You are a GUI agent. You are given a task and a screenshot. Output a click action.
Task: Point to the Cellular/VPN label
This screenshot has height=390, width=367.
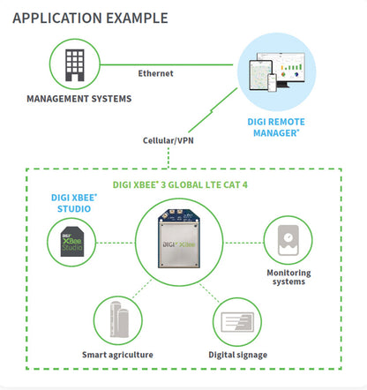[x=169, y=139]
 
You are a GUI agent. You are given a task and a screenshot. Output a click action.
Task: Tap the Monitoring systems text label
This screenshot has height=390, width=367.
[x=288, y=278]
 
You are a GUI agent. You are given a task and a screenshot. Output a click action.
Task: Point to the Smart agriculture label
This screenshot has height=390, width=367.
[x=118, y=355]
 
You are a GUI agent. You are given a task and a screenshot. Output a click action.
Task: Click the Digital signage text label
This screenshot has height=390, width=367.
[x=239, y=355]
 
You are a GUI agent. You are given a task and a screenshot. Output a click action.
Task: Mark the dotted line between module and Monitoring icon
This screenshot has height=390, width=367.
[x=243, y=243]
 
